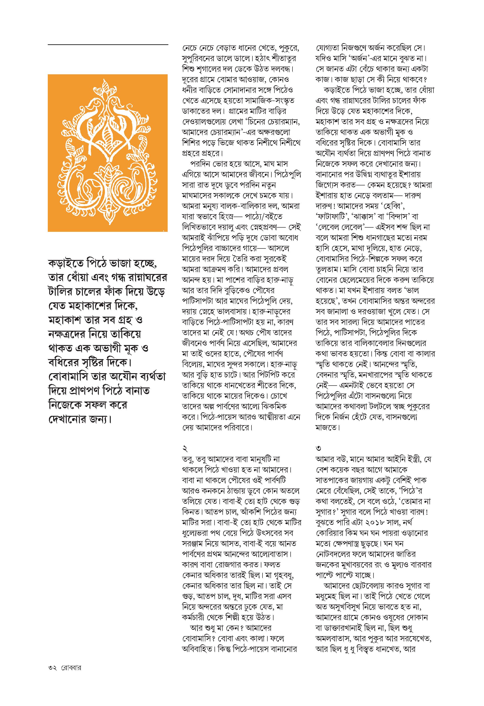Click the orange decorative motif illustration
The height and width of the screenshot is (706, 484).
tap(107, 153)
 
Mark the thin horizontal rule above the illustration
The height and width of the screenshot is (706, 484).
tap(108, 45)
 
